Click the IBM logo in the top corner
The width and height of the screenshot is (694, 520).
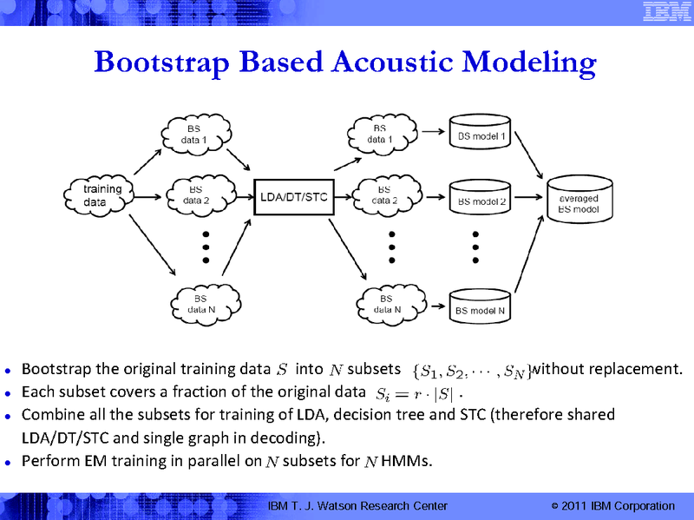click(x=663, y=12)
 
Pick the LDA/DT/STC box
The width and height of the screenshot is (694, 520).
click(x=294, y=196)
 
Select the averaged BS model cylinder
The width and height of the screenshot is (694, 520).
click(x=578, y=202)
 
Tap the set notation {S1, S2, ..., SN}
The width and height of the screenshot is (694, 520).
click(x=468, y=372)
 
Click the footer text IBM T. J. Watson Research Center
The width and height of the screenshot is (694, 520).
click(x=357, y=506)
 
